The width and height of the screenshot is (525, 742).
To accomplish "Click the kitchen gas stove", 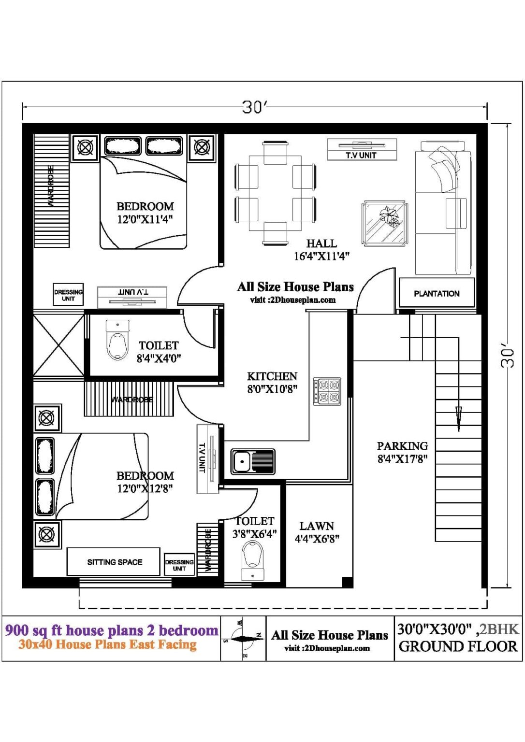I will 327,391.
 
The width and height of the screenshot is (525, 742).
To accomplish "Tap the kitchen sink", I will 252,461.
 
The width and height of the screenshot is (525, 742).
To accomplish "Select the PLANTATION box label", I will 437,293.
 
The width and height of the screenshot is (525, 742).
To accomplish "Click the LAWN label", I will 317,526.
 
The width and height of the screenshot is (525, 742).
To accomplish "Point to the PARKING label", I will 402,446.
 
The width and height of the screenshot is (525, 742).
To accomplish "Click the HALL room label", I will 321,243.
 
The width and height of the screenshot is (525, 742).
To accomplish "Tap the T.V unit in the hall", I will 362,149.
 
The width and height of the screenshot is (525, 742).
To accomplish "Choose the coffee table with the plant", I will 384,223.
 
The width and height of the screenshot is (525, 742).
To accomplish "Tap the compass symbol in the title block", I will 243,639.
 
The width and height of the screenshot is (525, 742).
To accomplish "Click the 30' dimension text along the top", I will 254,107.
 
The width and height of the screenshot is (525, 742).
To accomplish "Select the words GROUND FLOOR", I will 457,646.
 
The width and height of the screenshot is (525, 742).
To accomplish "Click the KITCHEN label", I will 272,376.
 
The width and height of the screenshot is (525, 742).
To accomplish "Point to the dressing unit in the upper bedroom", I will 68,295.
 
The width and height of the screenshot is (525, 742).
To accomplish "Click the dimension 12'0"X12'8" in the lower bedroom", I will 145,488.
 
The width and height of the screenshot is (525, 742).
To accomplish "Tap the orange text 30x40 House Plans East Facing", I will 108,644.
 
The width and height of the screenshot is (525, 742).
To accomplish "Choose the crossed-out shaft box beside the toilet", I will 58,345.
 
